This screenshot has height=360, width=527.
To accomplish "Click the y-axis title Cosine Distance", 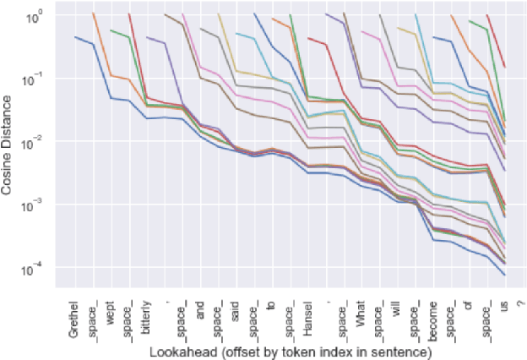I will [x=9, y=148].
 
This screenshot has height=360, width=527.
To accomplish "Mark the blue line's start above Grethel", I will [x=75, y=37].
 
